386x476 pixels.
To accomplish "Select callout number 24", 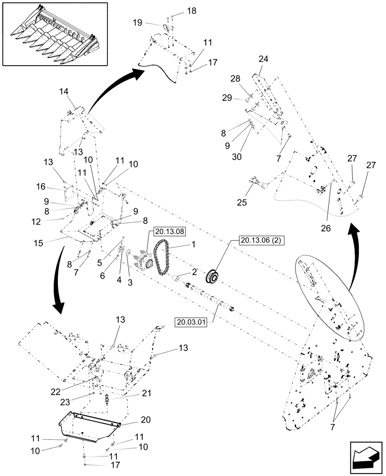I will click(263, 59).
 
